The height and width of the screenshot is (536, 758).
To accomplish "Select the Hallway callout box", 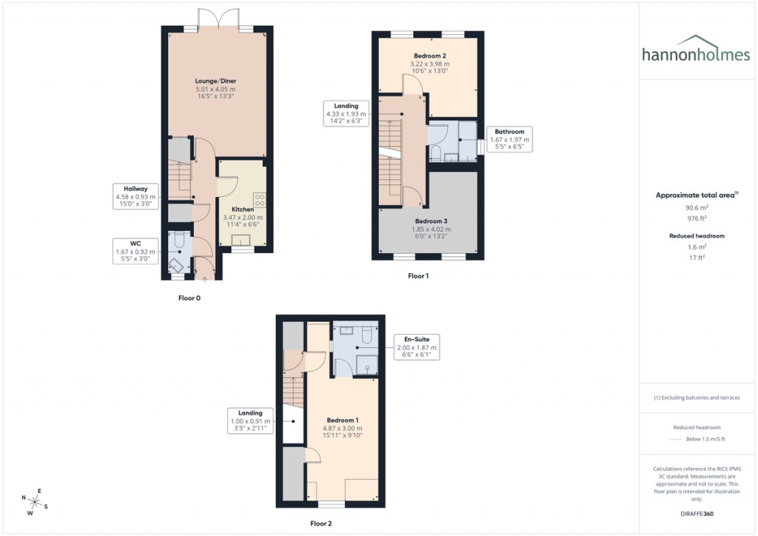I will tap(135, 197).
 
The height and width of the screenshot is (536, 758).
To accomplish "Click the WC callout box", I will tap(135, 251).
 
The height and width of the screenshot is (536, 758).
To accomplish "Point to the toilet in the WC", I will tap(178, 242).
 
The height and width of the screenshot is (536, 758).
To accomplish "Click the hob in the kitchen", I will tap(260, 200).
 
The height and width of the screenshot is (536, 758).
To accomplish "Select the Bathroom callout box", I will tap(509, 139).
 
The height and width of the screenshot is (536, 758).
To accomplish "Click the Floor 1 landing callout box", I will tap(346, 114).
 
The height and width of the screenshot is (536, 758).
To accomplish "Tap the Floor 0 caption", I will tap(189, 298).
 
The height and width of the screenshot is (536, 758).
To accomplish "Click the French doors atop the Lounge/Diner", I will tap(218, 19).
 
